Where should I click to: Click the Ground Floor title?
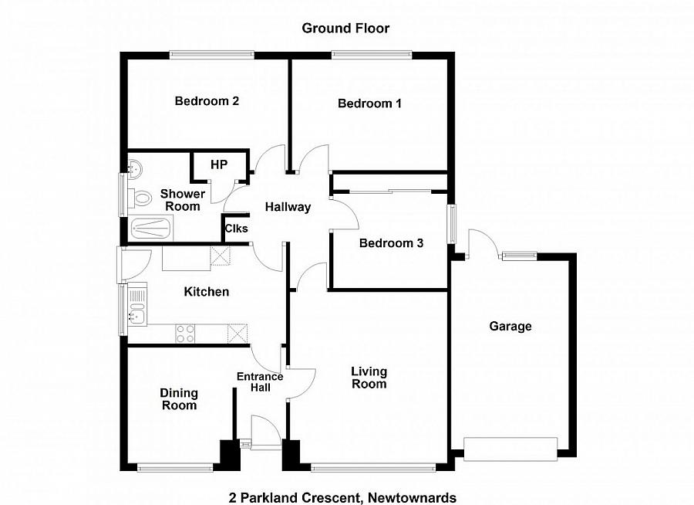pos(345,29)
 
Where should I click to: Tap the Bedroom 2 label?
pos(206,101)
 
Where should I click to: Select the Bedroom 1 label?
pos(369,103)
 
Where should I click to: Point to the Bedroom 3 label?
pos(391,243)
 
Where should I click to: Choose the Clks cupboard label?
pos(235,229)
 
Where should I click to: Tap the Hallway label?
pos(288,207)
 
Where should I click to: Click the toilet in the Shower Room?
pos(140,198)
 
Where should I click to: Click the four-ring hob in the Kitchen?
pos(186,334)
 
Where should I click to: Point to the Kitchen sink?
pos(137,305)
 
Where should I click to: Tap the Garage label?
pos(510,327)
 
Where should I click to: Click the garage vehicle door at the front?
pos(510,447)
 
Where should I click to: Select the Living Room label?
pos(369,378)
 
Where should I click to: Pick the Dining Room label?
pos(179,399)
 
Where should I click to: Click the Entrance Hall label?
pos(259,382)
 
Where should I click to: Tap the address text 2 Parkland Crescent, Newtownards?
pos(342,497)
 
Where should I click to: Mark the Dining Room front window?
pos(175,466)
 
